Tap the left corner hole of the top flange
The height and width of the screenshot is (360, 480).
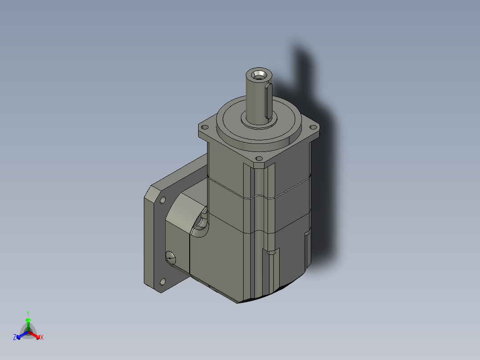(205, 127)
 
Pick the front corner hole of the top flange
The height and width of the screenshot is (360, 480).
(258, 159)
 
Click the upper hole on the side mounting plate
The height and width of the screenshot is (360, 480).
(162, 200)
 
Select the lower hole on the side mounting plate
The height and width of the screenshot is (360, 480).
(162, 281)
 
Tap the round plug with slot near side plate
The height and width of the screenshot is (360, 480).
(170, 256)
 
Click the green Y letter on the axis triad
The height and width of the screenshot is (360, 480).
(28, 313)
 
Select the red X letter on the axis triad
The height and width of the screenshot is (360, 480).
(42, 338)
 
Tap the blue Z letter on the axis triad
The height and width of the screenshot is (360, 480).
(15, 338)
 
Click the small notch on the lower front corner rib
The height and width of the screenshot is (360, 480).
(272, 253)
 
